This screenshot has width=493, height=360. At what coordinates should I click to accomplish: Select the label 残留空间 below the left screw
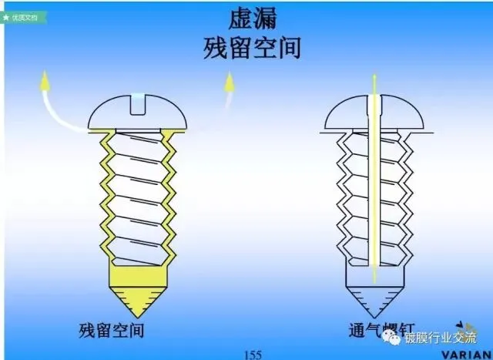click(x=112, y=331)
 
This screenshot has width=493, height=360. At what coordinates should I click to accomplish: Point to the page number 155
click(x=253, y=354)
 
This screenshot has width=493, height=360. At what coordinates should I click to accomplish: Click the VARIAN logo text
click(x=467, y=354)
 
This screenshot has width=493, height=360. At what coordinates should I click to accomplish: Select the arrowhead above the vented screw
click(x=374, y=77)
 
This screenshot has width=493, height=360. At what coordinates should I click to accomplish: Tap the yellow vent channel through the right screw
click(x=374, y=193)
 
